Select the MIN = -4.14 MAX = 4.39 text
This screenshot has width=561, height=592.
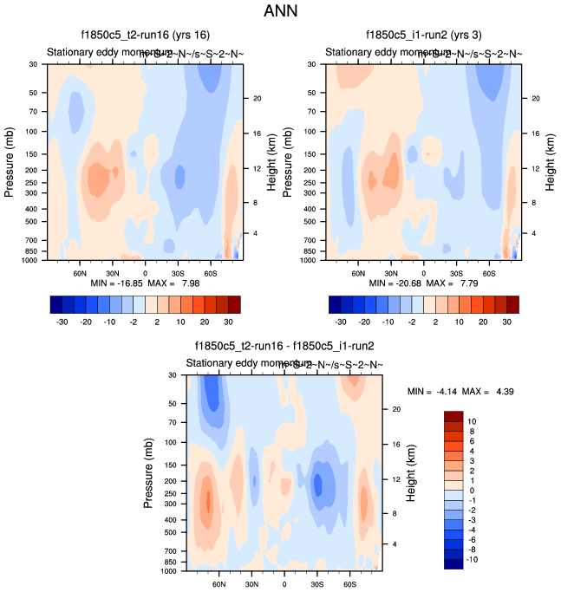pos(461,391)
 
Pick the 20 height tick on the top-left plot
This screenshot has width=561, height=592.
pos(256,98)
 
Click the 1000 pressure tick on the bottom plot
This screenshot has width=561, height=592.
pos(168,572)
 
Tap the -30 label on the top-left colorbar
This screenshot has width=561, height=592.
pos(62,319)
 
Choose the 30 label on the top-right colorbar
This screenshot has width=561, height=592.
pos(506,319)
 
